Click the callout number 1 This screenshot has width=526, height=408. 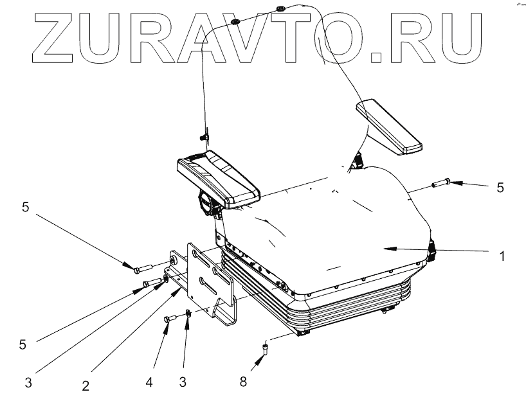[x=502, y=256]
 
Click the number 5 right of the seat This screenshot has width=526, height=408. [x=501, y=188]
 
